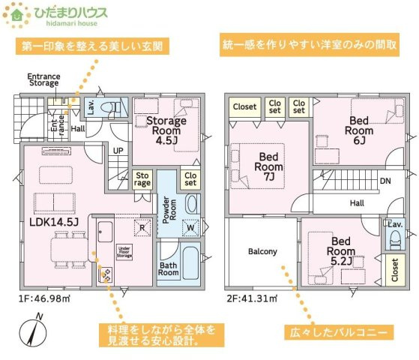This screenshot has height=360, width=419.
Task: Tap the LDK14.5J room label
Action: click(x=54, y=222)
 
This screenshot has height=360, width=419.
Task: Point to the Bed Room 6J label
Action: click(x=358, y=129)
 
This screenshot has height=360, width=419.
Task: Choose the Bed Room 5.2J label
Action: click(x=342, y=250)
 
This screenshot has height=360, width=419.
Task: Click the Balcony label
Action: click(x=262, y=251)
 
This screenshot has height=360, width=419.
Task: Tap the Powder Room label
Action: click(x=168, y=207)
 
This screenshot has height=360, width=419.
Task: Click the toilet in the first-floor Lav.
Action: click(x=109, y=106)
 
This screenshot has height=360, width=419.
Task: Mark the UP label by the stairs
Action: click(x=118, y=151)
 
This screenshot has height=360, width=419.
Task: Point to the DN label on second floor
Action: click(x=384, y=181)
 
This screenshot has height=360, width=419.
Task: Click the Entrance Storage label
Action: click(x=43, y=80)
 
